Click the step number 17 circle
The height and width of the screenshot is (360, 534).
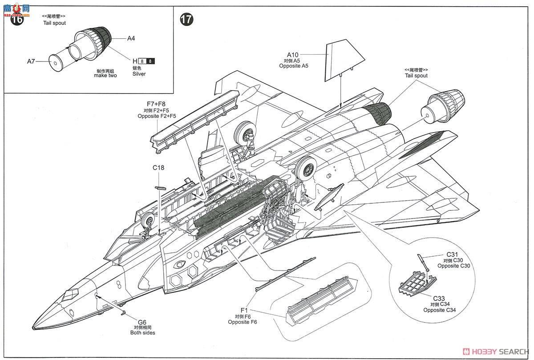186,20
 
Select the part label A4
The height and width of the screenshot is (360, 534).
131,39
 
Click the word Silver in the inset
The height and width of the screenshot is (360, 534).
139,74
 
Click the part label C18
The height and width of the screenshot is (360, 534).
158,168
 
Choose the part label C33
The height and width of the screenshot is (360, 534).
441,299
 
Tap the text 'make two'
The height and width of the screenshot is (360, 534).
105,76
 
